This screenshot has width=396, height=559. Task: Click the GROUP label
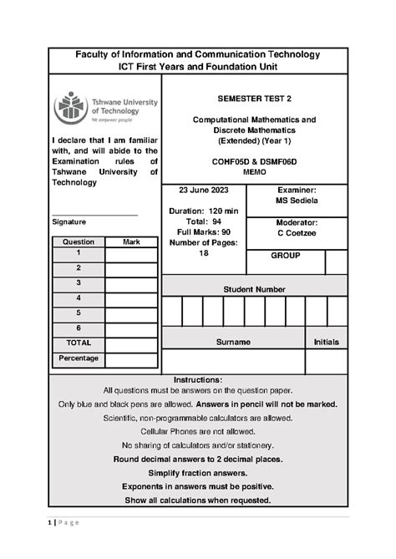point(285,256)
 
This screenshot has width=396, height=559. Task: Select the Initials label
point(326,343)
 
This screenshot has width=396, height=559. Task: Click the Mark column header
point(131,241)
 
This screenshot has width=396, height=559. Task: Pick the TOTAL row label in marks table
point(78,343)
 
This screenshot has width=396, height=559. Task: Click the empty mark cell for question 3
point(131,283)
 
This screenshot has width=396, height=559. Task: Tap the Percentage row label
point(78,358)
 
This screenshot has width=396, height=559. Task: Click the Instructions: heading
point(198,379)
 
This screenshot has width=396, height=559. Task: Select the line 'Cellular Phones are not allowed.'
point(198,431)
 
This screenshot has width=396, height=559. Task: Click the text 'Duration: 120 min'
point(203,211)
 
